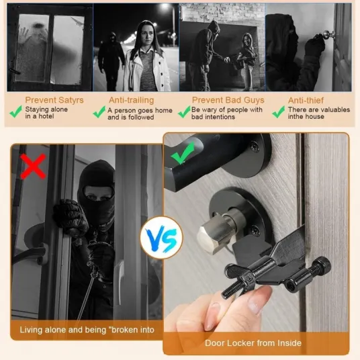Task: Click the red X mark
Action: point(34,166)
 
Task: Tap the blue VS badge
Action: point(162,238)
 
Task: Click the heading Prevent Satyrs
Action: point(54,100)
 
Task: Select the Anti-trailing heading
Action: point(132,100)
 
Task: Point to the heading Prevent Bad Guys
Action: point(228,100)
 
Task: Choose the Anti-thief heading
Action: point(306,100)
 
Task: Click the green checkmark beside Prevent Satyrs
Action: point(16,111)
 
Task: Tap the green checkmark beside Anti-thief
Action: point(279,111)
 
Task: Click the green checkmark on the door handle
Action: point(183,152)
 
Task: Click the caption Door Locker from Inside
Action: point(253,343)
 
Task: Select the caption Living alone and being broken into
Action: point(87,330)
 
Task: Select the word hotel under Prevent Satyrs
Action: point(46,116)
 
